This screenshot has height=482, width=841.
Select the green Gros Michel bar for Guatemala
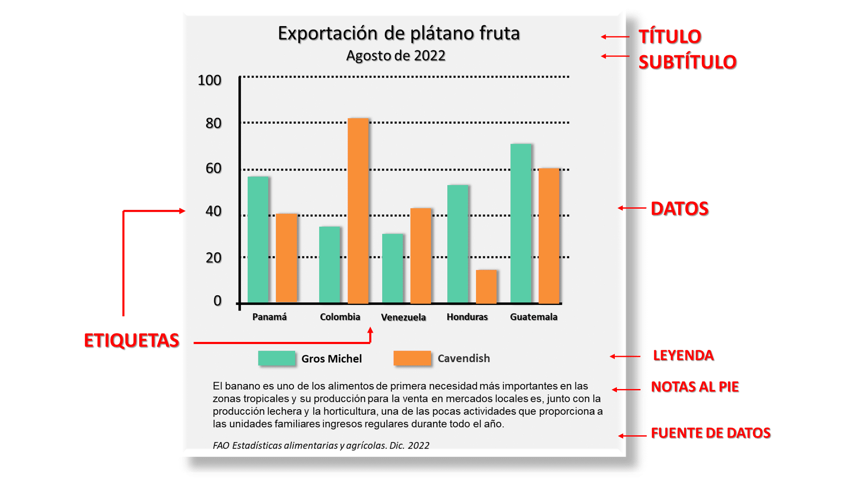pos(521,223)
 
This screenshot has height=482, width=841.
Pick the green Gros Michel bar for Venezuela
pos(392,268)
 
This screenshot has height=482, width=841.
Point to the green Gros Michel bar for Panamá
pos(258,240)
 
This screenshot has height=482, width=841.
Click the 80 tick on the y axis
pos(213,123)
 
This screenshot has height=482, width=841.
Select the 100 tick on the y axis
pos(209,80)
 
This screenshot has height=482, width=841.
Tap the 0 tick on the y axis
pos(217,301)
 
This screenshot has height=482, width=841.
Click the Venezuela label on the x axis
pos(403,317)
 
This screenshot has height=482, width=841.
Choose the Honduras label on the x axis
pos(467,317)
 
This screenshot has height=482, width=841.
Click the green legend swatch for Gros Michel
pos(277,358)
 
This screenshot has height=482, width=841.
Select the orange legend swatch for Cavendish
pos(412,358)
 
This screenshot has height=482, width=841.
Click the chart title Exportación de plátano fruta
pos(398,33)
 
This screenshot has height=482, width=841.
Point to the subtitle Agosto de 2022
pos(395,56)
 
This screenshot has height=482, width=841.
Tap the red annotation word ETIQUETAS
pos(132,341)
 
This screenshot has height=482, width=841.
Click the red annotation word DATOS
pos(679,209)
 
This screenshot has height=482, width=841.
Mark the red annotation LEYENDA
pos(683,355)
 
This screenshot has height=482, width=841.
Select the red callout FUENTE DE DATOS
pos(710,433)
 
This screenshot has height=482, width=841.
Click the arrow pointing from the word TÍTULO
pos(615,37)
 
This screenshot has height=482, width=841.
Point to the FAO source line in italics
pos(321,446)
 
